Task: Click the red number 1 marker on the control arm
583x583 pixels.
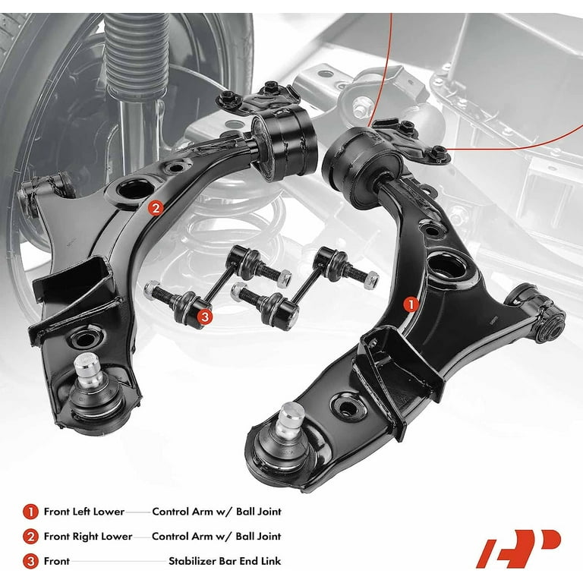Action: pyautogui.click(x=411, y=305)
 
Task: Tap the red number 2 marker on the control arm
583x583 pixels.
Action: pyautogui.click(x=156, y=207)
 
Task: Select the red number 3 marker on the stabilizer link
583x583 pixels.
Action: pyautogui.click(x=205, y=317)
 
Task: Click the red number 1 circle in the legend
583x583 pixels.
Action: pyautogui.click(x=30, y=512)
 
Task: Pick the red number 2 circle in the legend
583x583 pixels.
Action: pyautogui.click(x=30, y=537)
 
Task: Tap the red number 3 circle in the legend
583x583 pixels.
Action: pyautogui.click(x=30, y=561)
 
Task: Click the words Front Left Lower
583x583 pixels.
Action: pyautogui.click(x=84, y=512)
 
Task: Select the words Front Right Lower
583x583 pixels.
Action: pyautogui.click(x=88, y=536)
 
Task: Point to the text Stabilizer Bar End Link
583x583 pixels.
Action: pyautogui.click(x=225, y=561)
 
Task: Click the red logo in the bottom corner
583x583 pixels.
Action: pyautogui.click(x=518, y=549)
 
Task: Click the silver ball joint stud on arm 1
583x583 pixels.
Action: pyautogui.click(x=290, y=420)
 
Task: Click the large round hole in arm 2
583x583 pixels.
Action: pyautogui.click(x=135, y=188)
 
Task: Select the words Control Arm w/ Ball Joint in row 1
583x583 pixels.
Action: pyautogui.click(x=217, y=512)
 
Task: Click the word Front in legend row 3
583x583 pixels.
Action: pyautogui.click(x=56, y=561)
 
